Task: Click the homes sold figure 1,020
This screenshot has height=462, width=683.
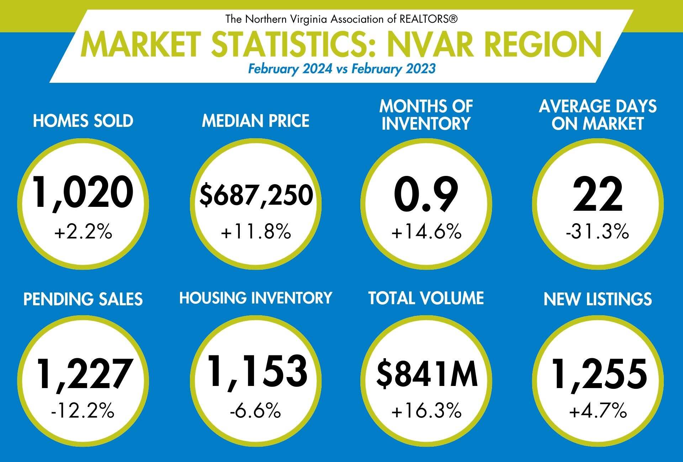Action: [83, 192]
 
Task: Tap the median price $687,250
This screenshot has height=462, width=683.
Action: [256, 195]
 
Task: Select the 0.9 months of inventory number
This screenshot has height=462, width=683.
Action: [426, 194]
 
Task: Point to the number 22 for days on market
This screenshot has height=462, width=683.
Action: [598, 194]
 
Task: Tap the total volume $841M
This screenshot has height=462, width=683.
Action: [427, 374]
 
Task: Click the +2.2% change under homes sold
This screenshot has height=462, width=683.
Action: [83, 232]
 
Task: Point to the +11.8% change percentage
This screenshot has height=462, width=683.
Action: [256, 232]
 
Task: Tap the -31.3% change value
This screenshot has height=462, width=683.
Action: [597, 232]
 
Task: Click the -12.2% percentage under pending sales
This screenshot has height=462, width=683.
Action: [83, 411]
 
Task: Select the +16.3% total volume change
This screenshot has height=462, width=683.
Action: [426, 411]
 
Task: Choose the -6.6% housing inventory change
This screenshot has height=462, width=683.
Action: [255, 411]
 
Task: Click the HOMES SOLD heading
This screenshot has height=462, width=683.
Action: [83, 121]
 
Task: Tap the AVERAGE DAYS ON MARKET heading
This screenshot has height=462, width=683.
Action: [598, 115]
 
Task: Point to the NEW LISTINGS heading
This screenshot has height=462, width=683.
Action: [598, 299]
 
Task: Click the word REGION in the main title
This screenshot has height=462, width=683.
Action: [543, 45]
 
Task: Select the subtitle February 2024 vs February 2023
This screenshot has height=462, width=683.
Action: [341, 69]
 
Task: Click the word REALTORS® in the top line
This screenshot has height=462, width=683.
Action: [428, 19]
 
